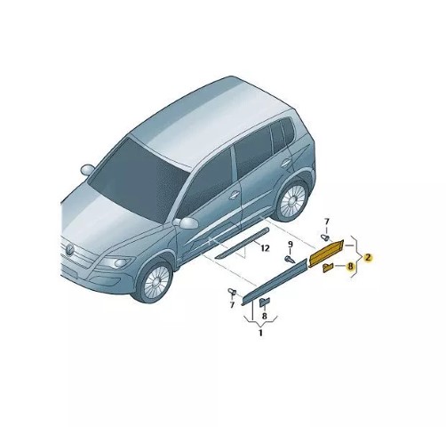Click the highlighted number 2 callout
[368, 257]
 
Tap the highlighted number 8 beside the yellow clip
[351, 266]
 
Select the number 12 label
[265, 248]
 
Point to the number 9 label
[291, 245]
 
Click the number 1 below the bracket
[260, 333]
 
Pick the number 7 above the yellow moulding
[327, 222]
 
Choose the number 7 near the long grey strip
[232, 304]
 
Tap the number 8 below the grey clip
[265, 317]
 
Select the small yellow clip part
[328, 268]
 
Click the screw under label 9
[290, 260]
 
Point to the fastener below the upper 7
[326, 238]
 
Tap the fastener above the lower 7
[232, 293]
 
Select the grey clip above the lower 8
[265, 302]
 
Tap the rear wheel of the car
[291, 199]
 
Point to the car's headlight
[116, 262]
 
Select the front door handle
[234, 195]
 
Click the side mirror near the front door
[186, 223]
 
